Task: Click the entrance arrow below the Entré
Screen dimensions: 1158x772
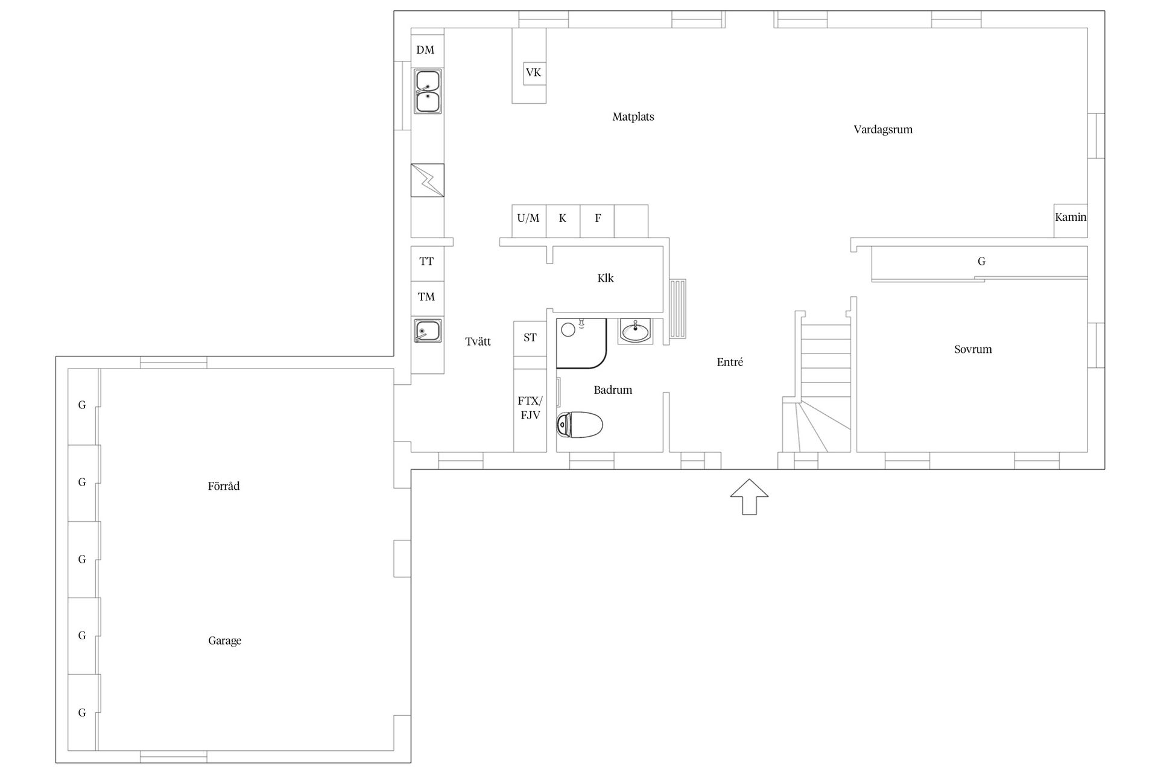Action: pyautogui.click(x=749, y=496)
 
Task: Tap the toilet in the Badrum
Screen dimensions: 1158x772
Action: pyautogui.click(x=579, y=425)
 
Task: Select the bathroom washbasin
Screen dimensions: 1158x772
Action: pyautogui.click(x=636, y=331)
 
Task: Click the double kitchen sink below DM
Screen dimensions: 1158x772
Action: pyautogui.click(x=428, y=91)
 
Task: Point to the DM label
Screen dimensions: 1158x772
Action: pyautogui.click(x=425, y=50)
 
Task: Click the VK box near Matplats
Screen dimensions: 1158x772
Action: pyautogui.click(x=533, y=73)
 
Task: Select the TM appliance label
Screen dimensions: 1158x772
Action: pyautogui.click(x=426, y=297)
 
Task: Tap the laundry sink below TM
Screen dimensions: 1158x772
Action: pyautogui.click(x=428, y=331)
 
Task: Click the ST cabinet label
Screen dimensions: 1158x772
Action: pyautogui.click(x=530, y=338)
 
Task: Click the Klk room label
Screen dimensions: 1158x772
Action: pyautogui.click(x=606, y=278)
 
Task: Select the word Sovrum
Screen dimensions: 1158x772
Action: pyautogui.click(x=973, y=349)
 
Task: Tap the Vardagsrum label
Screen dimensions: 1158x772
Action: pyautogui.click(x=883, y=130)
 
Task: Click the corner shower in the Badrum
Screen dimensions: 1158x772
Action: pyautogui.click(x=581, y=343)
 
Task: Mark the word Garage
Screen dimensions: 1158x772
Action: pyautogui.click(x=225, y=641)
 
